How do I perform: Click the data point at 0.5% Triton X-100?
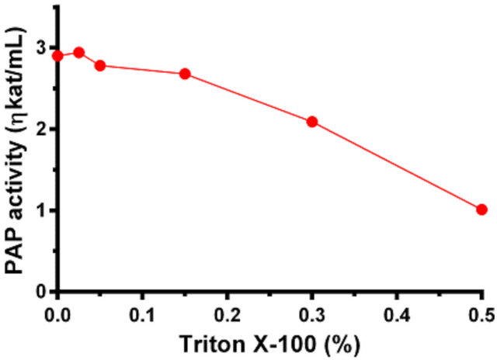click(481, 209)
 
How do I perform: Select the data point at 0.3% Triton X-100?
click(312, 122)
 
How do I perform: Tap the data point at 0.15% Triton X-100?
click(185, 74)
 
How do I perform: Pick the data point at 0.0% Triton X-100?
click(57, 56)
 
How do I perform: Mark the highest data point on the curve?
click(78, 53)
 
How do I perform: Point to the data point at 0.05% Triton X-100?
click(100, 65)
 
